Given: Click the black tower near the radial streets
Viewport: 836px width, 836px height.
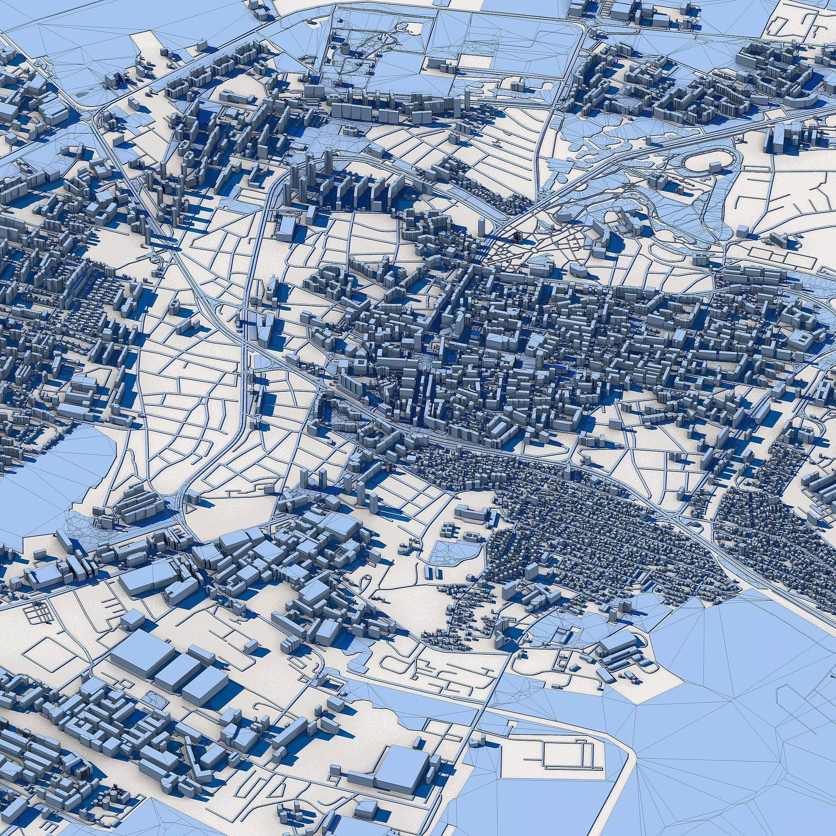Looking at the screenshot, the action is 517,236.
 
